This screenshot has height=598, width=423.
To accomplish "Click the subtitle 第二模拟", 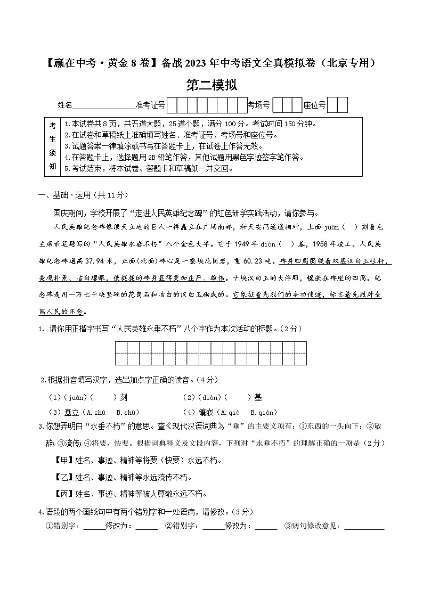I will coord(211,85).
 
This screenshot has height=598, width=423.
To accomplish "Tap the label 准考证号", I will coord(151,105).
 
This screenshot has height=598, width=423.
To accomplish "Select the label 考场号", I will coord(259,105).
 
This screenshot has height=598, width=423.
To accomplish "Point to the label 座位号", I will coord(314,105).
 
